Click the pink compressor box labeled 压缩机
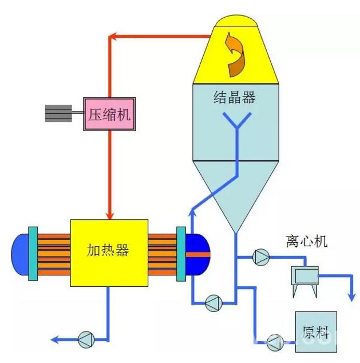click(x=109, y=114)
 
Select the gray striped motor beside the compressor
click(x=58, y=114)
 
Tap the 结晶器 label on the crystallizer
click(x=234, y=97)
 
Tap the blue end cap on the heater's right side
click(x=199, y=254)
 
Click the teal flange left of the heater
click(x=33, y=254)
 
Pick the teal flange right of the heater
click(x=181, y=254)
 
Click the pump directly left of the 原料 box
click(x=273, y=341)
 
